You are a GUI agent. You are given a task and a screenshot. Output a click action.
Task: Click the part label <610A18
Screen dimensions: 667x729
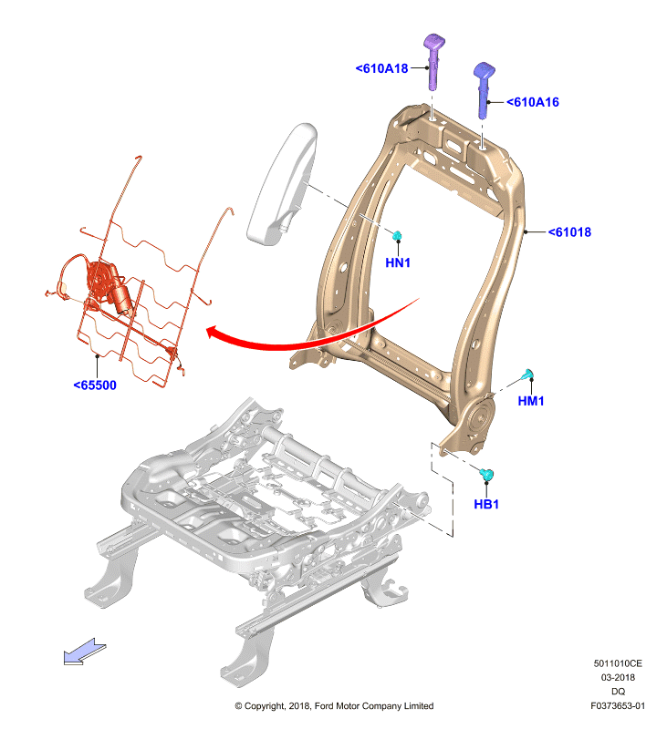pos(381,68)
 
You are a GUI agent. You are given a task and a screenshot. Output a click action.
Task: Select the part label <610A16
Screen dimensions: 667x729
pos(533,102)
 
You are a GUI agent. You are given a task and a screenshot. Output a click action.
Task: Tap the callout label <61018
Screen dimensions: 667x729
pos(569,232)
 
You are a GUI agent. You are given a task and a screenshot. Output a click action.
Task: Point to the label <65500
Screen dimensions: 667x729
pos(95,385)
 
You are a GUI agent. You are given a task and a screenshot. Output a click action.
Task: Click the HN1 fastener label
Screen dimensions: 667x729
pos(398,262)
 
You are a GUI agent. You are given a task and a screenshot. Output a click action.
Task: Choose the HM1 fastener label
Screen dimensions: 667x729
pos(531,401)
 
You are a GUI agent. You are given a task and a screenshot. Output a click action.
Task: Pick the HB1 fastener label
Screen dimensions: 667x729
pos(486,504)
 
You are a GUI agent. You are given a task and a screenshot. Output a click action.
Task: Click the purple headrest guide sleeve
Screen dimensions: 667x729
pos(433,60)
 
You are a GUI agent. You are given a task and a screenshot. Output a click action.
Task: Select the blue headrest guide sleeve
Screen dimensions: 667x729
pos(485,89)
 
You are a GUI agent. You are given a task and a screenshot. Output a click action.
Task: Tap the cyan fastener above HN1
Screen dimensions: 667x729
pos(397,236)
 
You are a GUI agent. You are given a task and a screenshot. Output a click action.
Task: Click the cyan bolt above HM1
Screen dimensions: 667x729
pos(527,375)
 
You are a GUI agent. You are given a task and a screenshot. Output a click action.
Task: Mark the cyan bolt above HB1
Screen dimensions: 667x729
pos(486,475)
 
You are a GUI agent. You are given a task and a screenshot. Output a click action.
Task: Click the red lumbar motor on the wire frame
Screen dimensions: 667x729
pos(109,285)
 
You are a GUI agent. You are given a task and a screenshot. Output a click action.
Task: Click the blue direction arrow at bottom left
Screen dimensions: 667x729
pos(84,652)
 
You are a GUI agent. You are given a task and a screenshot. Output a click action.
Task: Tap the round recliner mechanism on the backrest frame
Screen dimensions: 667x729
pos(479,418)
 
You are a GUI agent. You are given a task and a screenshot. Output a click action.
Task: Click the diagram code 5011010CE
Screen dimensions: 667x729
pos(618,663)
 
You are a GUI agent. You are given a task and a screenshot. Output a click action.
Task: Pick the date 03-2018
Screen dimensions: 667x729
pos(618,677)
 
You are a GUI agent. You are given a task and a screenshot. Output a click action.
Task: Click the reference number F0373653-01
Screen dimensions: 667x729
pos(618,705)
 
